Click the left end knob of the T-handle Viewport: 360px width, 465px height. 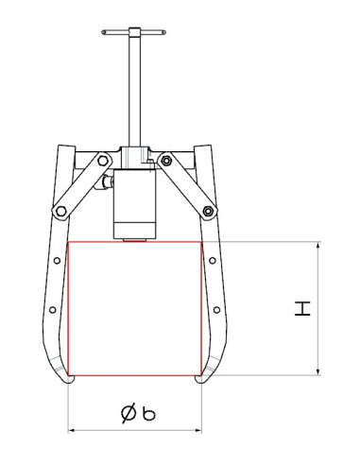coord(99,37)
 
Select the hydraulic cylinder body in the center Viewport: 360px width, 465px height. coord(135,198)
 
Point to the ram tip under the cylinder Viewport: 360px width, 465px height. coord(134,239)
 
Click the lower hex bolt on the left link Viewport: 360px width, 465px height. coord(63,211)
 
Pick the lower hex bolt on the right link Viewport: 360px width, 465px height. coord(205,211)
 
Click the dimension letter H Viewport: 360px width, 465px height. coord(301,308)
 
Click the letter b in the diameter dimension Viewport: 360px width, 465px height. coord(149,412)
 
